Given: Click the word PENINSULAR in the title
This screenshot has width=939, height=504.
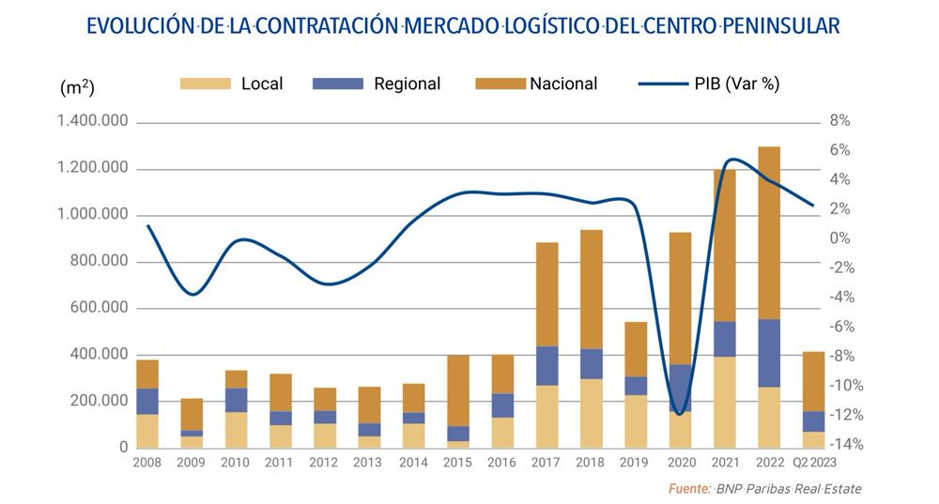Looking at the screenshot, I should pos(787,25).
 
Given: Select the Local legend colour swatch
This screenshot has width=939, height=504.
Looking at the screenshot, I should pos(205,84).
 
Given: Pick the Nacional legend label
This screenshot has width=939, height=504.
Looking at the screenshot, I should pos(563,84).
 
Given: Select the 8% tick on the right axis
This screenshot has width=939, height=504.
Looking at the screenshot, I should pos(839,121).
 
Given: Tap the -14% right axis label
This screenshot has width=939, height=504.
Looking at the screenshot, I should pos(842,445).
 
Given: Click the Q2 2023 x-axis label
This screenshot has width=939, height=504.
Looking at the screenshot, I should pos(813,463).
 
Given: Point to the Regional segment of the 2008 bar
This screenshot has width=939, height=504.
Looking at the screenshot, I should pos(147,402).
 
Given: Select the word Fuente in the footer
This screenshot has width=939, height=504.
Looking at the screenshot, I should pos(688,489).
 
